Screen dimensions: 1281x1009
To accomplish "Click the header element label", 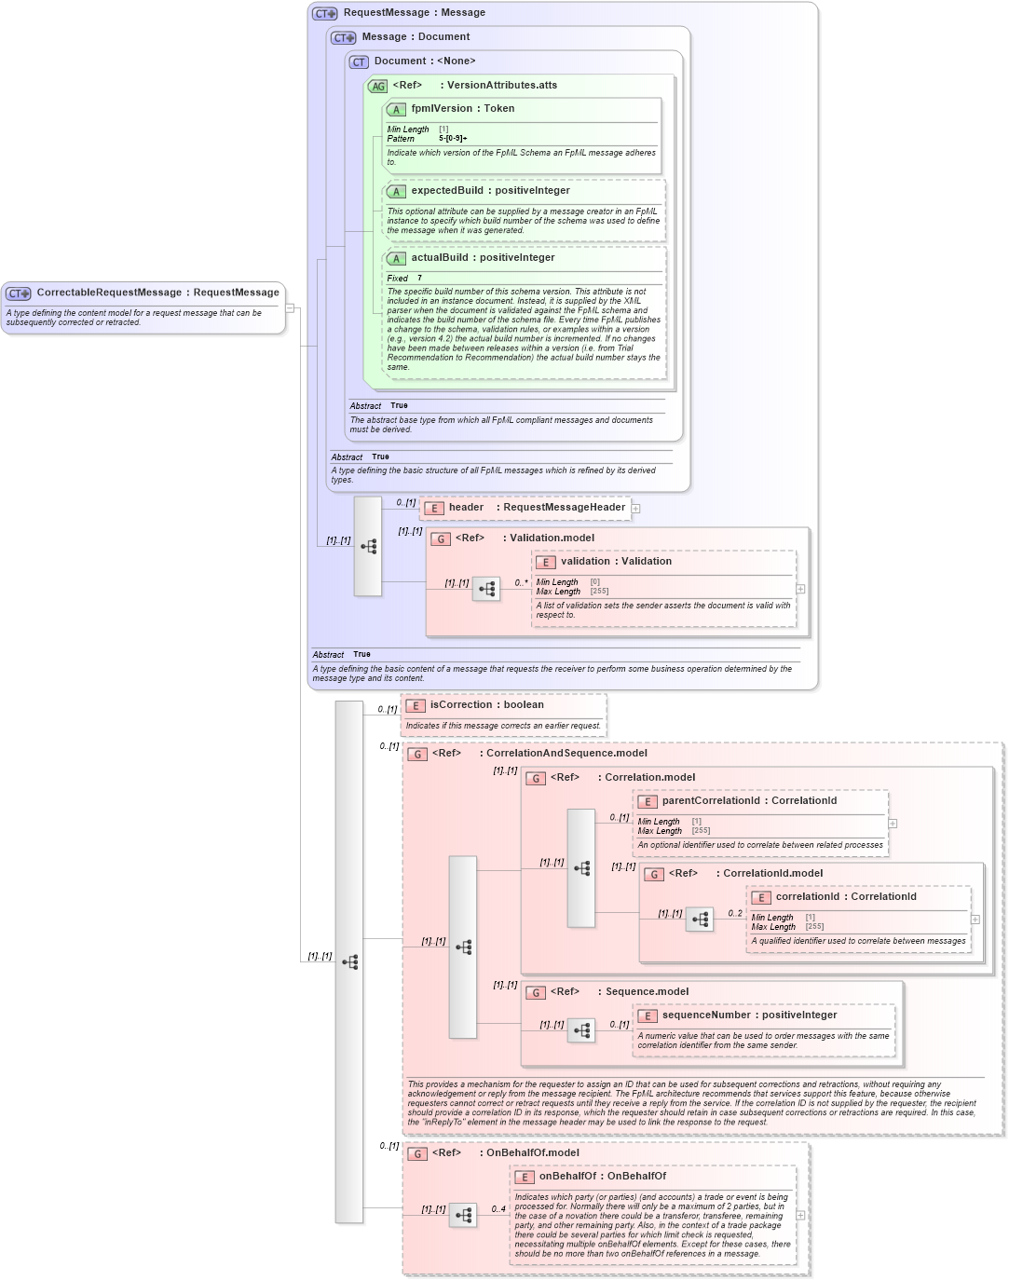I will pyautogui.click(x=466, y=508).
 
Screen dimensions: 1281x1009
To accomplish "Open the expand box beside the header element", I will pyautogui.click(x=635, y=508).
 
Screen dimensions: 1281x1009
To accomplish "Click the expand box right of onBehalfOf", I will pyautogui.click(x=800, y=1215).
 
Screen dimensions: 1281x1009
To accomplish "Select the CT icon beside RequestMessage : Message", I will pyautogui.click(x=324, y=13).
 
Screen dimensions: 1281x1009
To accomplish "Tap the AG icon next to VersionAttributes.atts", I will pyautogui.click(x=377, y=86).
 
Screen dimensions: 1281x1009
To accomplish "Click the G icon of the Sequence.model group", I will pyautogui.click(x=536, y=992).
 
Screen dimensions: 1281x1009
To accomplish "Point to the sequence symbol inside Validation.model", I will pyautogui.click(x=486, y=589).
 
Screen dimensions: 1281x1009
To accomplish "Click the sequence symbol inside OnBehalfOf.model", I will pyautogui.click(x=463, y=1215).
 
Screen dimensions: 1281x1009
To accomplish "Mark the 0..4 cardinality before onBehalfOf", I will pyautogui.click(x=498, y=1209).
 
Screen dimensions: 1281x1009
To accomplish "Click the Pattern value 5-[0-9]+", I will pyautogui.click(x=453, y=139).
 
